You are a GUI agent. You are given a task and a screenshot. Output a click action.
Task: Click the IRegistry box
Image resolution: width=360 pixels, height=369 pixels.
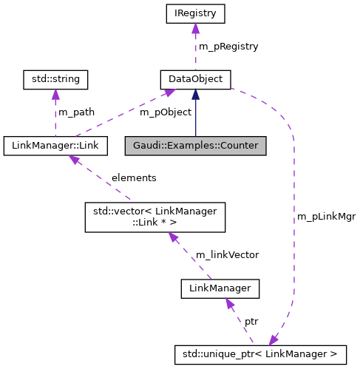click(195, 13)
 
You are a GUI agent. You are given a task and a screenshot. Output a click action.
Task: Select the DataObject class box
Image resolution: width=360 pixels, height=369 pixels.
click(195, 78)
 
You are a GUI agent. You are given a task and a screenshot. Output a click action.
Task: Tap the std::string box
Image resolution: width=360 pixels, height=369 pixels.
click(55, 78)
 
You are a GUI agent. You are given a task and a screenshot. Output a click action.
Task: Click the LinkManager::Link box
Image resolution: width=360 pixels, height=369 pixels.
click(55, 146)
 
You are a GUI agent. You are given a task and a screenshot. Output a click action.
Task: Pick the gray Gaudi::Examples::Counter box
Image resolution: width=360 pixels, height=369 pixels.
click(195, 146)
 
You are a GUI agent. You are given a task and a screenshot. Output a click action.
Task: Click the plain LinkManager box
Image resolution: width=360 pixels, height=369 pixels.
click(220, 288)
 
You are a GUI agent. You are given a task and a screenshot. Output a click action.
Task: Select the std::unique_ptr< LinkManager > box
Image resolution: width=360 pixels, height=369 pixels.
click(259, 354)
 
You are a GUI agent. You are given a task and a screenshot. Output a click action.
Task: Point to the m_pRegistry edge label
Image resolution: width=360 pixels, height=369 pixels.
click(228, 46)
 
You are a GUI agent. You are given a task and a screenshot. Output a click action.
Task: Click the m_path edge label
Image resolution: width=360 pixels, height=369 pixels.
click(77, 112)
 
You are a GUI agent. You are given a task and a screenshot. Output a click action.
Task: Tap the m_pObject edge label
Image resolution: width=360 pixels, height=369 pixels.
click(166, 112)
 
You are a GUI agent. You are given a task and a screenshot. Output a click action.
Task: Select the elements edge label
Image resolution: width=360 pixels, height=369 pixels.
click(134, 178)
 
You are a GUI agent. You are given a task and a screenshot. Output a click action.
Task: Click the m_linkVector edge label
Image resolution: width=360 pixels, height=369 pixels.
click(227, 254)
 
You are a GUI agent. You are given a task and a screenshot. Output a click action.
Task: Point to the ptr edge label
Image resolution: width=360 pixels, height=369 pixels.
click(251, 322)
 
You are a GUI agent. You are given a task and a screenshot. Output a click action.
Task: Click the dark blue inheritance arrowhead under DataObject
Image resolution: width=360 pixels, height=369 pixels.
click(195, 93)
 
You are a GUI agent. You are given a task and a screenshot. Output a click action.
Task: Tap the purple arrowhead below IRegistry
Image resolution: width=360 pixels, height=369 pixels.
click(195, 28)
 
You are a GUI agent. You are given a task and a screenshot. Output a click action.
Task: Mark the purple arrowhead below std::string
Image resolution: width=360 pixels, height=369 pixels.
click(55, 93)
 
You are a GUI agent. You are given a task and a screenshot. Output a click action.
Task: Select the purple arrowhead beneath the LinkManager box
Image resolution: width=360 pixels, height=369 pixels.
click(230, 303)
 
